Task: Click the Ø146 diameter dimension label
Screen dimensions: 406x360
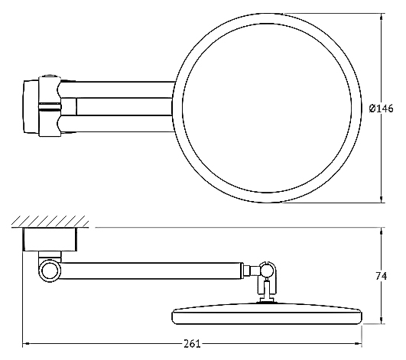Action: coord(381,109)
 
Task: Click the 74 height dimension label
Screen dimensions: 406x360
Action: coord(382,276)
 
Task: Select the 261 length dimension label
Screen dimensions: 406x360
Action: coord(192,344)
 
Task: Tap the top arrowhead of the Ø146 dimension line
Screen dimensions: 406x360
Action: coord(381,16)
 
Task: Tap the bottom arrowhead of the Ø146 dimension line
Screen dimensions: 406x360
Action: coord(381,199)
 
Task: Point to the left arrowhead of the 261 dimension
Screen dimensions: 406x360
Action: coord(26,344)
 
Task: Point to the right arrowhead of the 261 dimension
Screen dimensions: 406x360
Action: coord(358,344)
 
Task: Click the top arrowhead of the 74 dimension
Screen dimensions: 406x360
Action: coord(381,231)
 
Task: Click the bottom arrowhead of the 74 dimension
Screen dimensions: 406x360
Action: coord(381,320)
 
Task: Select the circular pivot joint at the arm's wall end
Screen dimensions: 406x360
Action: coord(50,271)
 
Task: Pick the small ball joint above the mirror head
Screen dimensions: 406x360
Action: coord(267,271)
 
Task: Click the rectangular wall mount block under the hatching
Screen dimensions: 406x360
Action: coord(50,240)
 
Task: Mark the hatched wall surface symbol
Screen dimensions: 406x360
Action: coord(50,222)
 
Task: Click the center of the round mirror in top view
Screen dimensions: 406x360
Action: coord(267,108)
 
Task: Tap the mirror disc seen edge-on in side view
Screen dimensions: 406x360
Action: coord(267,313)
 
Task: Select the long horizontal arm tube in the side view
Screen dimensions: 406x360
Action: coord(151,271)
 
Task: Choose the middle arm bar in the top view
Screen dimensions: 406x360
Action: coord(125,106)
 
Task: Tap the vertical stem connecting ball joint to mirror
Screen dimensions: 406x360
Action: coord(267,289)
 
